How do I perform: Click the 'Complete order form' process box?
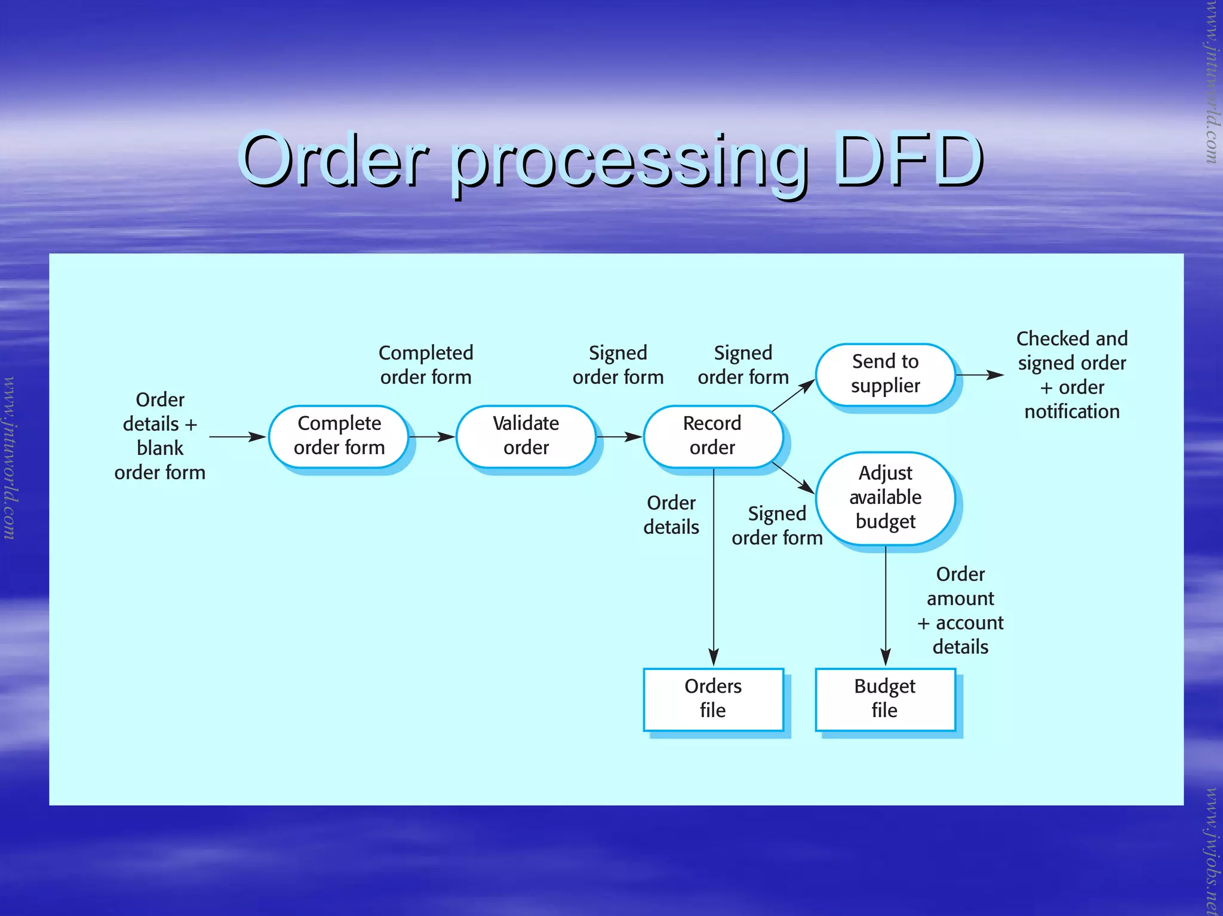339,436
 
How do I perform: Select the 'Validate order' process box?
526,436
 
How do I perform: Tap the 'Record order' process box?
712,436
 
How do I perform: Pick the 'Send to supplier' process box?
885,374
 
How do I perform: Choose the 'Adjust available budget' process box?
885,497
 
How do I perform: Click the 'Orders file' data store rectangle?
713,699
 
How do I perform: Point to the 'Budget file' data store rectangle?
885,699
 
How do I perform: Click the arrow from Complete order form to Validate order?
432,437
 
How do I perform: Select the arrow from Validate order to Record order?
619,437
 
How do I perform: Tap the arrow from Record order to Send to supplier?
793,395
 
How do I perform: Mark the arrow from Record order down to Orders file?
714,567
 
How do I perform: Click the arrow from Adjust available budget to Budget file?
886,606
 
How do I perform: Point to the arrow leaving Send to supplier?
979,375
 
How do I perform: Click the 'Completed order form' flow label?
426,365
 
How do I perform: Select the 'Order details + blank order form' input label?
160,436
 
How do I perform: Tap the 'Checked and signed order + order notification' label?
1072,375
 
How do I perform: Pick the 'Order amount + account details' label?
960,610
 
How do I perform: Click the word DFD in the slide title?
908,159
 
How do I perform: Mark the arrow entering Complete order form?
237,437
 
